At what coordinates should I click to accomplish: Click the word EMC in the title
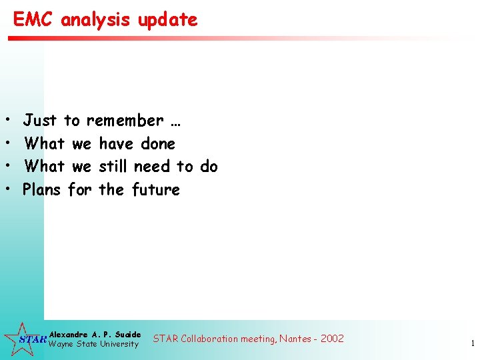[x=34, y=19]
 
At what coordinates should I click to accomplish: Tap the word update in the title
[x=168, y=20]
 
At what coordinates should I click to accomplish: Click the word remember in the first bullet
[x=125, y=121]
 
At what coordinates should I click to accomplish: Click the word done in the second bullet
[x=158, y=143]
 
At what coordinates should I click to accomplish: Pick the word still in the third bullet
[x=113, y=166]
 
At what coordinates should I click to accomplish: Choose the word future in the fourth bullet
[x=156, y=189]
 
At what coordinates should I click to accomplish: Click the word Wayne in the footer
[x=63, y=344]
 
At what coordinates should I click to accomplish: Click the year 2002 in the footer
[x=332, y=339]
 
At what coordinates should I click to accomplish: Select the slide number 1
[x=472, y=344]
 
